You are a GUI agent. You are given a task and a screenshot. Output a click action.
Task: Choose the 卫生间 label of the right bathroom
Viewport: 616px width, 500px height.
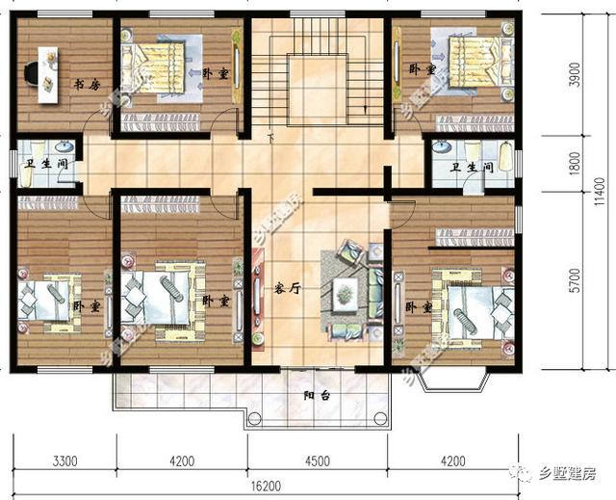click(473, 168)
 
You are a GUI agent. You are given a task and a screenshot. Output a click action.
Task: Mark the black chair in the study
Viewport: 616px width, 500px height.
click(32, 70)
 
